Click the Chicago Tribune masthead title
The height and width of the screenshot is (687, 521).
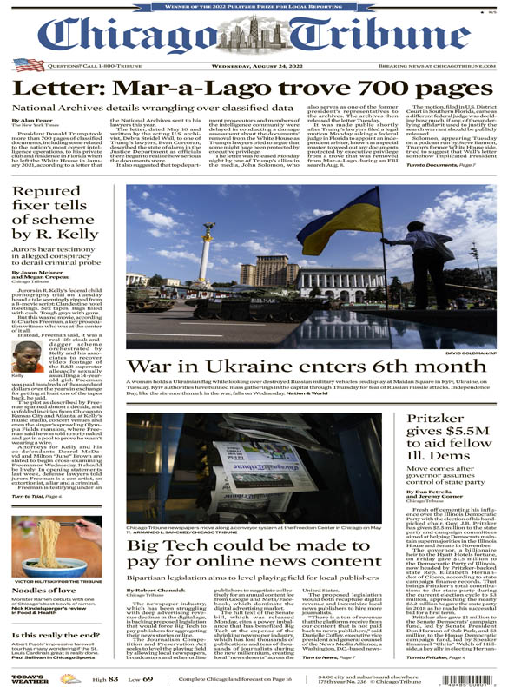[x=260, y=35]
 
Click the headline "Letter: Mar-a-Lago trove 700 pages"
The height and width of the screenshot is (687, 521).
[x=260, y=89]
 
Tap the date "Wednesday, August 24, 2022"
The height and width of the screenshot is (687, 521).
[x=260, y=65]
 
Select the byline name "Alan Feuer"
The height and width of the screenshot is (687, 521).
[x=39, y=120]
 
